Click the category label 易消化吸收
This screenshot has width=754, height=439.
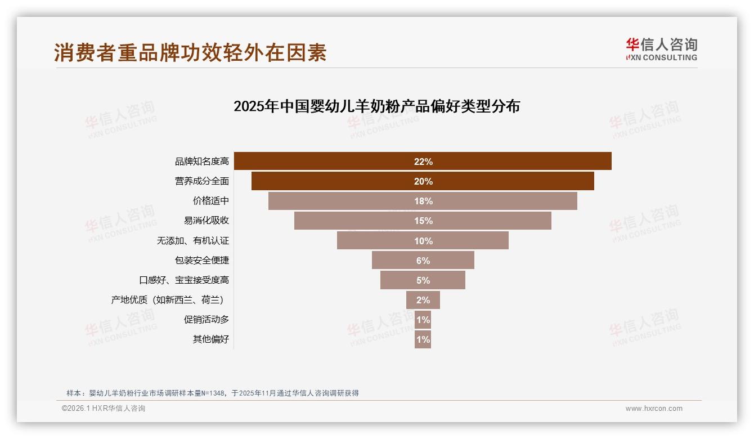tap(206, 221)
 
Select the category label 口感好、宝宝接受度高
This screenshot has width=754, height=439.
tap(184, 280)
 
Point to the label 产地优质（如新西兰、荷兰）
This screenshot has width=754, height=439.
tap(171, 300)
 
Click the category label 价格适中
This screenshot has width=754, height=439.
tap(211, 201)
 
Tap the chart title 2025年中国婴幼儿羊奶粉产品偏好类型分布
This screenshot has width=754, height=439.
tap(376, 106)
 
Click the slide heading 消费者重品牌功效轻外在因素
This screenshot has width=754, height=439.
tap(190, 53)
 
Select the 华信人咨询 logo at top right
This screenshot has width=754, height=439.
tap(661, 50)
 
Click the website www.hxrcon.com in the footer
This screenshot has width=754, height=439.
tap(654, 409)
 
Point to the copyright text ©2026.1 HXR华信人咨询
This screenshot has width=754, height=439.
tap(104, 409)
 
